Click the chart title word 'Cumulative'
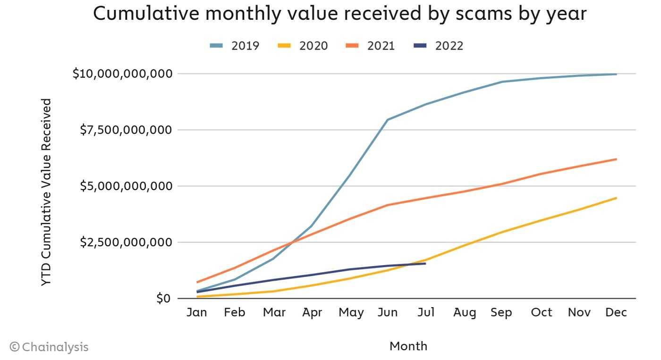(x=146, y=14)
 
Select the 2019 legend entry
(x=235, y=46)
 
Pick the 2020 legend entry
(x=303, y=46)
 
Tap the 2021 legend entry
(x=370, y=46)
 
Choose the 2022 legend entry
(x=439, y=46)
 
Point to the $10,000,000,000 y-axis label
(x=122, y=74)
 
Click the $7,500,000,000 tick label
(x=126, y=130)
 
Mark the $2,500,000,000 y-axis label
(x=126, y=243)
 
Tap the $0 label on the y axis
(x=163, y=298)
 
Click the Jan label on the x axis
(x=197, y=312)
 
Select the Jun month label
(x=388, y=312)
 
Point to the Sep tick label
(x=501, y=312)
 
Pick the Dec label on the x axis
(x=616, y=312)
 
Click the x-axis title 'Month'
(x=408, y=346)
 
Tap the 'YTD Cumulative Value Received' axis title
(x=46, y=192)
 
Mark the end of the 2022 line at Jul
(x=425, y=263)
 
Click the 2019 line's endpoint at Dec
(x=616, y=74)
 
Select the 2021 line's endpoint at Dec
(x=616, y=159)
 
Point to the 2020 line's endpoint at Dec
(x=616, y=198)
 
